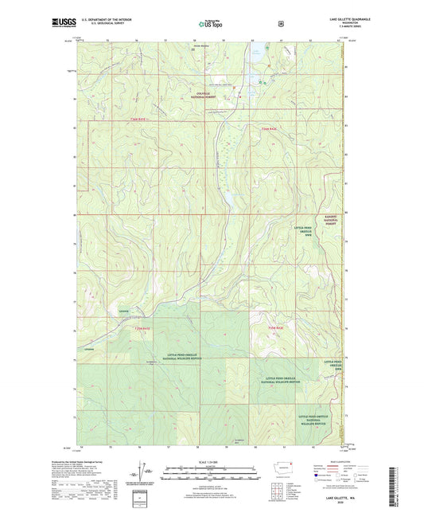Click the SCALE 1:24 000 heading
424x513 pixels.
tap(212, 461)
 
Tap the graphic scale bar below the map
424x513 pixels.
tap(212, 470)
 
